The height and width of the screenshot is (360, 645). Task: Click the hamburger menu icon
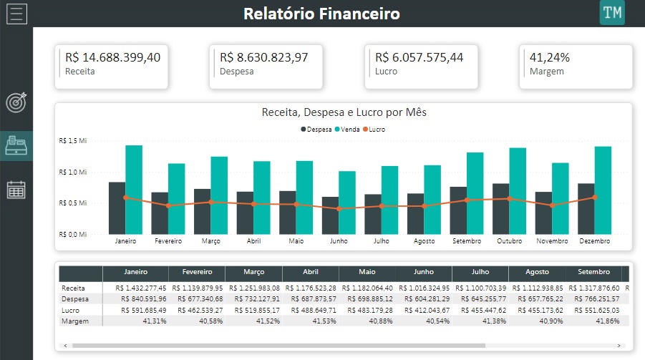click(16, 14)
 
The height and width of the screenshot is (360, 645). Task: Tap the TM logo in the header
click(612, 13)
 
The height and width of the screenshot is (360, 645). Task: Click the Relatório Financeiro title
click(321, 14)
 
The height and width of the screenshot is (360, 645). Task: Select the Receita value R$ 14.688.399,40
click(112, 57)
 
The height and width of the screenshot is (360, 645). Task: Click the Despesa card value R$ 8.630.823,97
click(263, 57)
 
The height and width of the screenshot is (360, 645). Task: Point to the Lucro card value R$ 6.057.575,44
click(419, 57)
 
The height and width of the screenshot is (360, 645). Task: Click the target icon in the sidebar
click(16, 102)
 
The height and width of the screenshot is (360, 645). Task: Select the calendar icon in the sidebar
click(16, 190)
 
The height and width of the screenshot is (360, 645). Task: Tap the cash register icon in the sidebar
click(16, 145)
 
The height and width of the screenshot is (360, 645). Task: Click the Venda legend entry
click(350, 130)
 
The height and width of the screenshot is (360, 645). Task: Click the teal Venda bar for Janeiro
click(134, 190)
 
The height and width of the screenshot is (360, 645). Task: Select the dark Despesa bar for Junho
click(330, 215)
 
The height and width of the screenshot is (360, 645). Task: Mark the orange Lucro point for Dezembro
click(594, 198)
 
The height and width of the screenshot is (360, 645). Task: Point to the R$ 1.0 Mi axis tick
click(73, 172)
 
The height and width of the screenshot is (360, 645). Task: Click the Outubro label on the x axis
click(510, 241)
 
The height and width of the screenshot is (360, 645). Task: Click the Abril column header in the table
click(310, 273)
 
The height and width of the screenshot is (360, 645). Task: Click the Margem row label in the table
click(74, 321)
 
